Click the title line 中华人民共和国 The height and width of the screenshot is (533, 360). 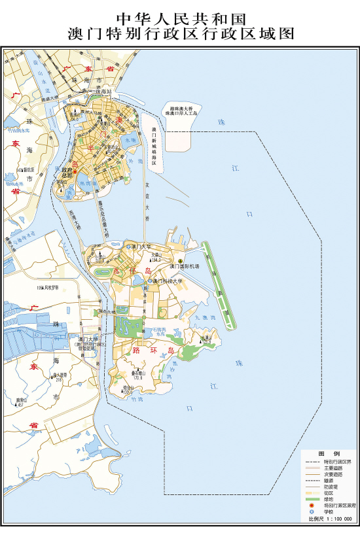point(179,18)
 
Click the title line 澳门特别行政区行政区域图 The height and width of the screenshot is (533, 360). point(179,34)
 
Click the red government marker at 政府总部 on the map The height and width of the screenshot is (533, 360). point(75,172)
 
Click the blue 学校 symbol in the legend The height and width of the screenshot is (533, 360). point(313,512)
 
